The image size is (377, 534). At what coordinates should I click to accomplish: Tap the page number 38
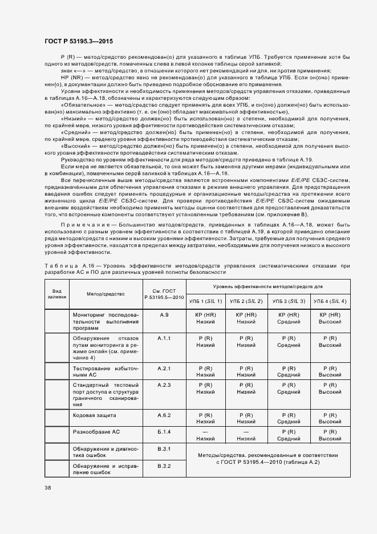pyautogui.click(x=47, y=488)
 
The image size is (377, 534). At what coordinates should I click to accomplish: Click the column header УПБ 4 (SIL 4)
pyautogui.click(x=330, y=301)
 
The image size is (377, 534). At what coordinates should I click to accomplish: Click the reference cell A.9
pyautogui.click(x=164, y=315)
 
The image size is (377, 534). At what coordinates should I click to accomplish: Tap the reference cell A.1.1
pyautogui.click(x=164, y=338)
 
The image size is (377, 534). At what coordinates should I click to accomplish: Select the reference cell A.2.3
pyautogui.click(x=164, y=385)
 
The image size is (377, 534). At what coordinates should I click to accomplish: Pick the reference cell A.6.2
pyautogui.click(x=164, y=415)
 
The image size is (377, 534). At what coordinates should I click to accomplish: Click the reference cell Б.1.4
pyautogui.click(x=164, y=432)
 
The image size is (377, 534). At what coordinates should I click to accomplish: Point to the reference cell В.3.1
pyautogui.click(x=164, y=449)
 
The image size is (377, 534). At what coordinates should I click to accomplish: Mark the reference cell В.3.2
pyautogui.click(x=164, y=466)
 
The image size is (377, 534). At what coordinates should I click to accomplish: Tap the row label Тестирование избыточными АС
pyautogui.click(x=105, y=372)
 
